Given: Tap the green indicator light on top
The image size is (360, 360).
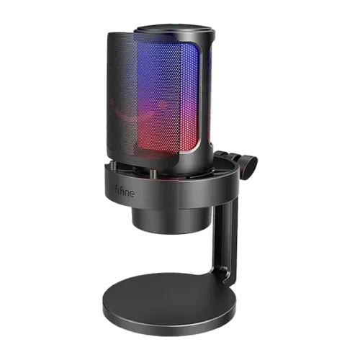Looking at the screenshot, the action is point(176,24).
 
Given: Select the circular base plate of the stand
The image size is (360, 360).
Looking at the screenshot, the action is point(169,304).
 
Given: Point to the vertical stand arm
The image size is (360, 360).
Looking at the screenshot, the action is point(225,240).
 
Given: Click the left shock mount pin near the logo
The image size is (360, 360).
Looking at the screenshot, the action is point(113,166).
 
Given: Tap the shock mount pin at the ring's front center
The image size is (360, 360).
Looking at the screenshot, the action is point(153,174).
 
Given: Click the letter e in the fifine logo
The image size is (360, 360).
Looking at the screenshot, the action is point(131,194).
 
